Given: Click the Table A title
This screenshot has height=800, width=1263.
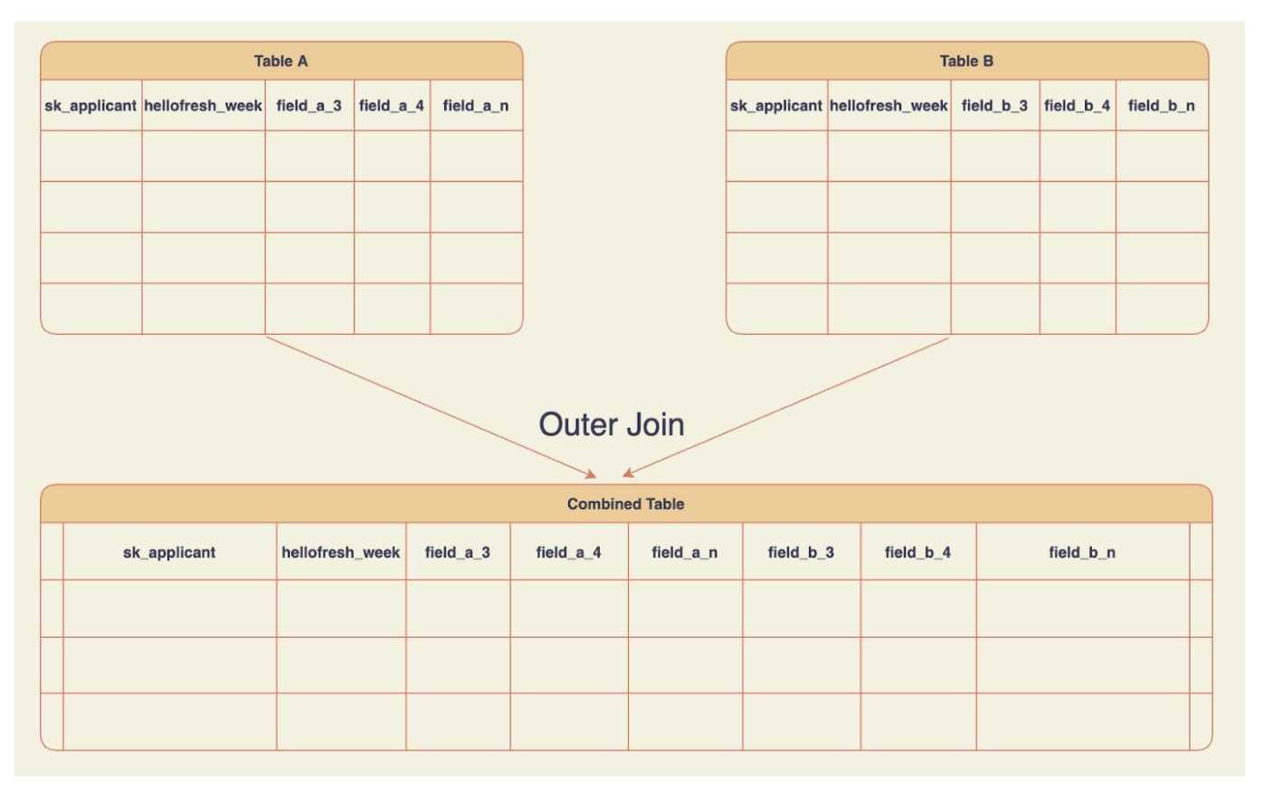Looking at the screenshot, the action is (x=280, y=61).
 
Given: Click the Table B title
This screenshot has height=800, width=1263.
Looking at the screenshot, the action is (x=966, y=61).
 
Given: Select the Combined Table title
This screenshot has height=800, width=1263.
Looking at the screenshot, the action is (x=626, y=504).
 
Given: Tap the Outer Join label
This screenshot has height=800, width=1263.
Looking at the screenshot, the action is (x=612, y=424).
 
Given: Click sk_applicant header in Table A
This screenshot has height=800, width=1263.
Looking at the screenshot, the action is (x=90, y=106).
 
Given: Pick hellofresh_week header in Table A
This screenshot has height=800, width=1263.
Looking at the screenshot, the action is (x=203, y=106).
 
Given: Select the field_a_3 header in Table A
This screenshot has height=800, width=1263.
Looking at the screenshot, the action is (x=309, y=106).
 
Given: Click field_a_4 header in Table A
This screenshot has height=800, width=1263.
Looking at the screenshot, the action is (x=392, y=106).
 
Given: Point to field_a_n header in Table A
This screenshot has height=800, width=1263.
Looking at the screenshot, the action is (x=476, y=106).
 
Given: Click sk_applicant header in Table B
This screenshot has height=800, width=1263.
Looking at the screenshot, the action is (x=776, y=106).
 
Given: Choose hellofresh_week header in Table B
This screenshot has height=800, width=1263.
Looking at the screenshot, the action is (x=888, y=106).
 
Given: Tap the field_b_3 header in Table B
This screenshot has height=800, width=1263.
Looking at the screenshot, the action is (x=994, y=106).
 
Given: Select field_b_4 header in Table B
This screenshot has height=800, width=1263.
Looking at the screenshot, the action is (x=1077, y=106).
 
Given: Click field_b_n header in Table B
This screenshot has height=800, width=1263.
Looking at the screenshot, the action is (x=1162, y=106).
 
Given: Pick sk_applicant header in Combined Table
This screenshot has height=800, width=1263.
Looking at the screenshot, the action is (x=169, y=552).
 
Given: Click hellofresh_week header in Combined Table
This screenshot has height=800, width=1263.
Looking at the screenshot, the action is (x=341, y=552).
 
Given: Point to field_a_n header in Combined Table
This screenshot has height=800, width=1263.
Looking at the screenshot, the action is (x=685, y=552).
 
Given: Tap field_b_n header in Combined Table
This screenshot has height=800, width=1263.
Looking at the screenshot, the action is (x=1083, y=552).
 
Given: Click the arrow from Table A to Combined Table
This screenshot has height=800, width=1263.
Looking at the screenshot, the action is (x=432, y=407).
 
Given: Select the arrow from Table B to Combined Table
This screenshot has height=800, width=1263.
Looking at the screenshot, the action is (x=785, y=407).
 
